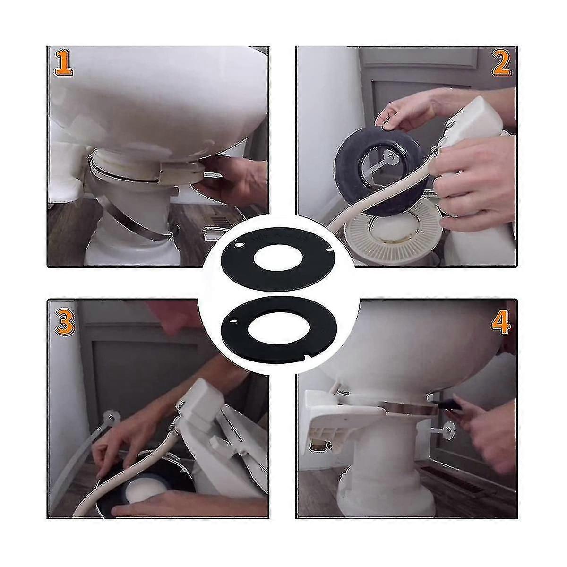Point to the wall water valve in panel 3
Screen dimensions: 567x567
coord(107,419)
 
